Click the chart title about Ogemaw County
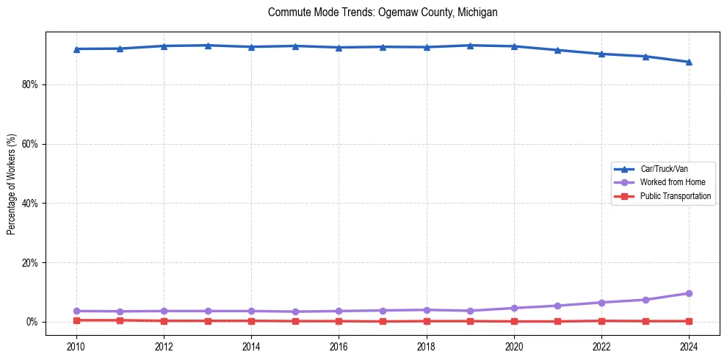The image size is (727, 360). (383, 12)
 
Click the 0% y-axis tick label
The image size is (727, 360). (32, 322)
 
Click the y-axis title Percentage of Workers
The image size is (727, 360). (12, 184)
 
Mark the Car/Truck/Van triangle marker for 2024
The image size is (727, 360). (689, 62)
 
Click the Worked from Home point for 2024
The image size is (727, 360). (689, 293)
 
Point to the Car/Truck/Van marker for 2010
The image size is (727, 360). (76, 48)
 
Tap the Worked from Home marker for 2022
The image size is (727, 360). (601, 303)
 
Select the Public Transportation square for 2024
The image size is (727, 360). (689, 321)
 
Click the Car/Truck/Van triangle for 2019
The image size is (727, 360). (470, 46)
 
